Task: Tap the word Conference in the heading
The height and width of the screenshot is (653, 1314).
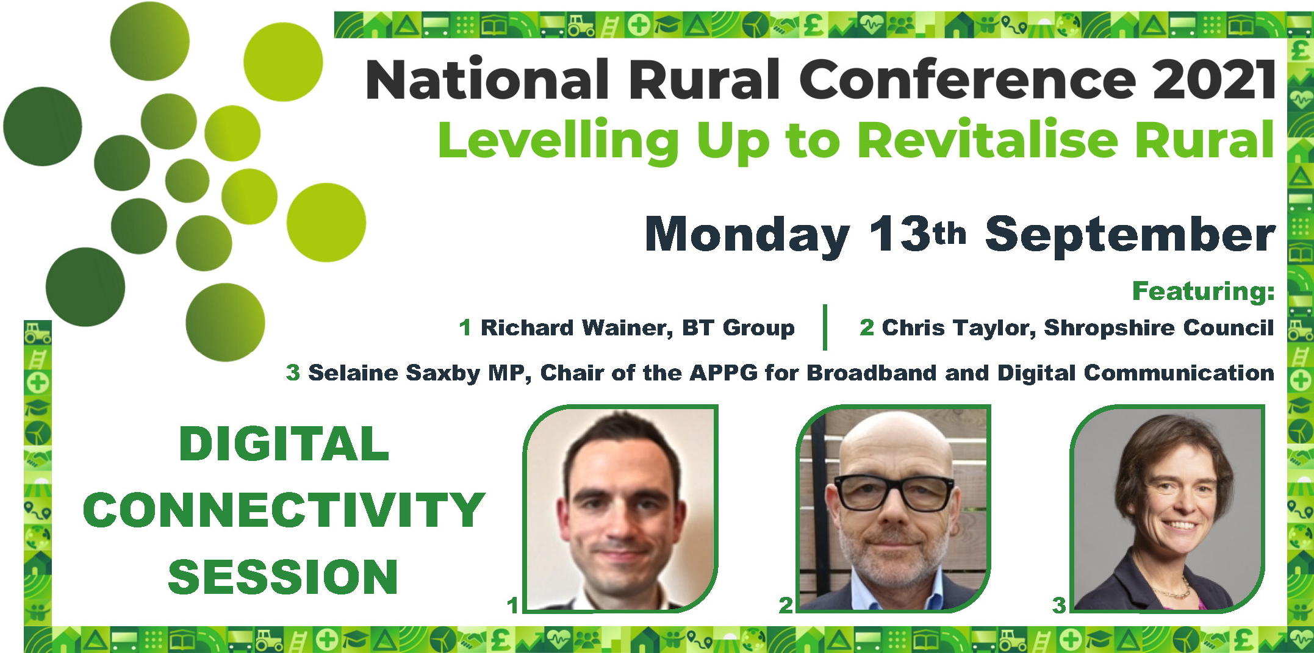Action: coord(968,79)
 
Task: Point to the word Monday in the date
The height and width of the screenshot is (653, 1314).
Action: coord(747,235)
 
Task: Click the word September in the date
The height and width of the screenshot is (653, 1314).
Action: coord(1130,235)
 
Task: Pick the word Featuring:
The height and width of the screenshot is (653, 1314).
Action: coord(1203,291)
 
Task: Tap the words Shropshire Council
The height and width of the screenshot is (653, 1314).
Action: coord(1158,328)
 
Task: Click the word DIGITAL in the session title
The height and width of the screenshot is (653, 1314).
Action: coord(284,444)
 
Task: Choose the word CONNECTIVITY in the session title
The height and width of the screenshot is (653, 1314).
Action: coord(284,510)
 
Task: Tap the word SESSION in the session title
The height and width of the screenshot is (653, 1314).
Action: coord(283,576)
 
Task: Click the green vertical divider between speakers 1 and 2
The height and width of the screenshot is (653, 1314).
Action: coord(825,327)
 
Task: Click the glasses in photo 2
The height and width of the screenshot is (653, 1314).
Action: coord(894,491)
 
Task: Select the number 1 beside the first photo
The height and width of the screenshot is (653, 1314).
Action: coord(512,605)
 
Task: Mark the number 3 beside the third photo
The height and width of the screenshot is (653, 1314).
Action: coord(1059,605)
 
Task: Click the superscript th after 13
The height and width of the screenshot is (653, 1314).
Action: coord(950,233)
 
